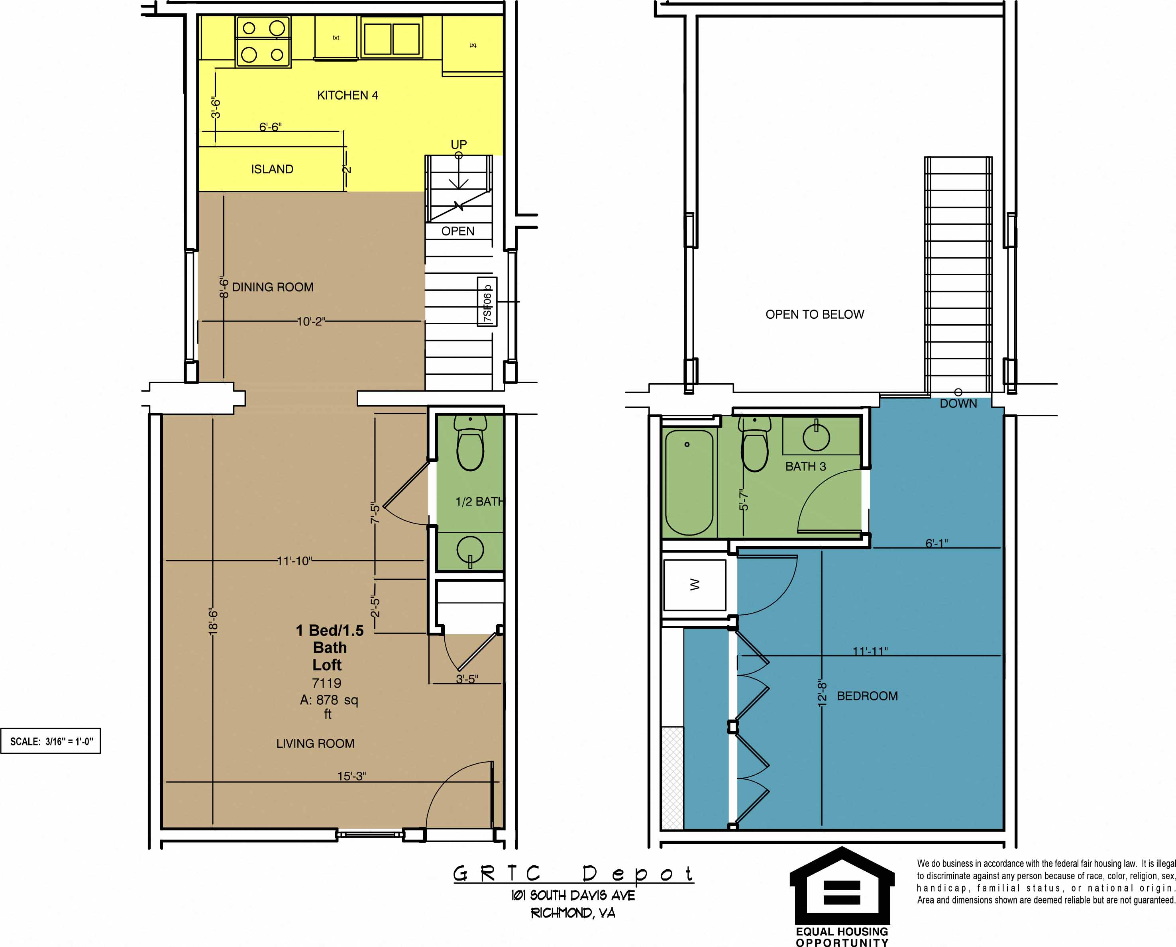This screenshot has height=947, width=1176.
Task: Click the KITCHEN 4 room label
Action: coord(347,96)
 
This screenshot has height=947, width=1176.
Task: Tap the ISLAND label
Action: coord(272,169)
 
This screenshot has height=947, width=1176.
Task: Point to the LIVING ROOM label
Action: coord(315,743)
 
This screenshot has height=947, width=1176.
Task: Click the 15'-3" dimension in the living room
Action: coord(351,776)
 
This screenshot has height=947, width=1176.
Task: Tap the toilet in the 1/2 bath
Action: coord(470,444)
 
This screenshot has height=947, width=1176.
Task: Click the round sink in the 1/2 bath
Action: coord(469,549)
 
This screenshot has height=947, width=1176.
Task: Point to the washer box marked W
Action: coord(694,585)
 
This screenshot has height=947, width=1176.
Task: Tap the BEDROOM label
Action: coord(867,696)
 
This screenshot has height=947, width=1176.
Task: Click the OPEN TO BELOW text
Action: coord(814,314)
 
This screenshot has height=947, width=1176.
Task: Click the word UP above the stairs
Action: coord(458,145)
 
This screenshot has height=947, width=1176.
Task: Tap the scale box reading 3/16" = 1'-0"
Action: coord(51,741)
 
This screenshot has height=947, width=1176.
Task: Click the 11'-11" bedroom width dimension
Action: coord(870,651)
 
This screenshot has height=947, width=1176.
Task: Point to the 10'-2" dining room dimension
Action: coord(310,321)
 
